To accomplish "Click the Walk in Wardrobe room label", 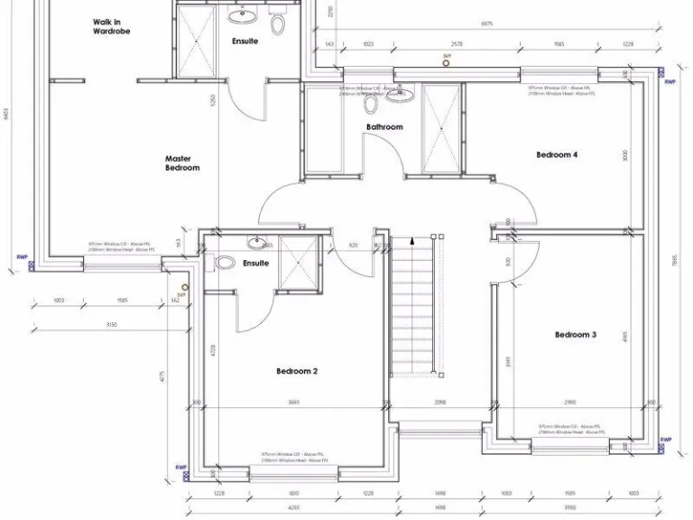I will (x=111, y=26).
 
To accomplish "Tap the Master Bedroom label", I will (x=182, y=163).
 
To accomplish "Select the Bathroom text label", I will (x=384, y=127).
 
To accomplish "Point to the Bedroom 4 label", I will (x=557, y=155).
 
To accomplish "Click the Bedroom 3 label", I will (x=575, y=335).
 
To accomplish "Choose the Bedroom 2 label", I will (x=297, y=371).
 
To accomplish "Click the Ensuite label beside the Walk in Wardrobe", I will (x=245, y=42).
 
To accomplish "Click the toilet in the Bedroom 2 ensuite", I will (x=225, y=263).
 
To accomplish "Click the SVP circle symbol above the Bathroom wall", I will (x=446, y=63).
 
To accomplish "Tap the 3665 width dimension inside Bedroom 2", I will (x=293, y=403).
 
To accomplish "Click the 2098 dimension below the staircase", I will (x=439, y=403).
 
